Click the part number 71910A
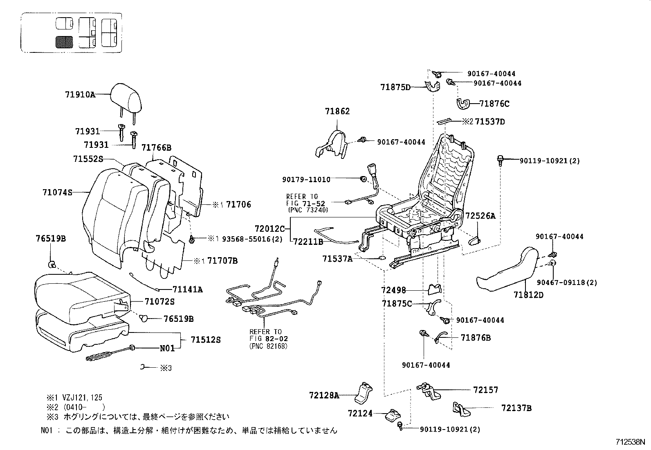click(x=80, y=95)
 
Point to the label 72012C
click(x=269, y=228)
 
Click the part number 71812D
click(x=528, y=294)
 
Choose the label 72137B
click(x=516, y=408)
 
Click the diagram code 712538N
click(x=630, y=442)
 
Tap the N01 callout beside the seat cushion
click(x=167, y=348)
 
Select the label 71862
click(x=337, y=111)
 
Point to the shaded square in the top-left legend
click(x=64, y=42)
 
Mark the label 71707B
click(x=222, y=260)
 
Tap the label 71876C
click(x=494, y=104)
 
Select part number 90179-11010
click(x=306, y=179)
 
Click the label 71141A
click(x=187, y=289)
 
